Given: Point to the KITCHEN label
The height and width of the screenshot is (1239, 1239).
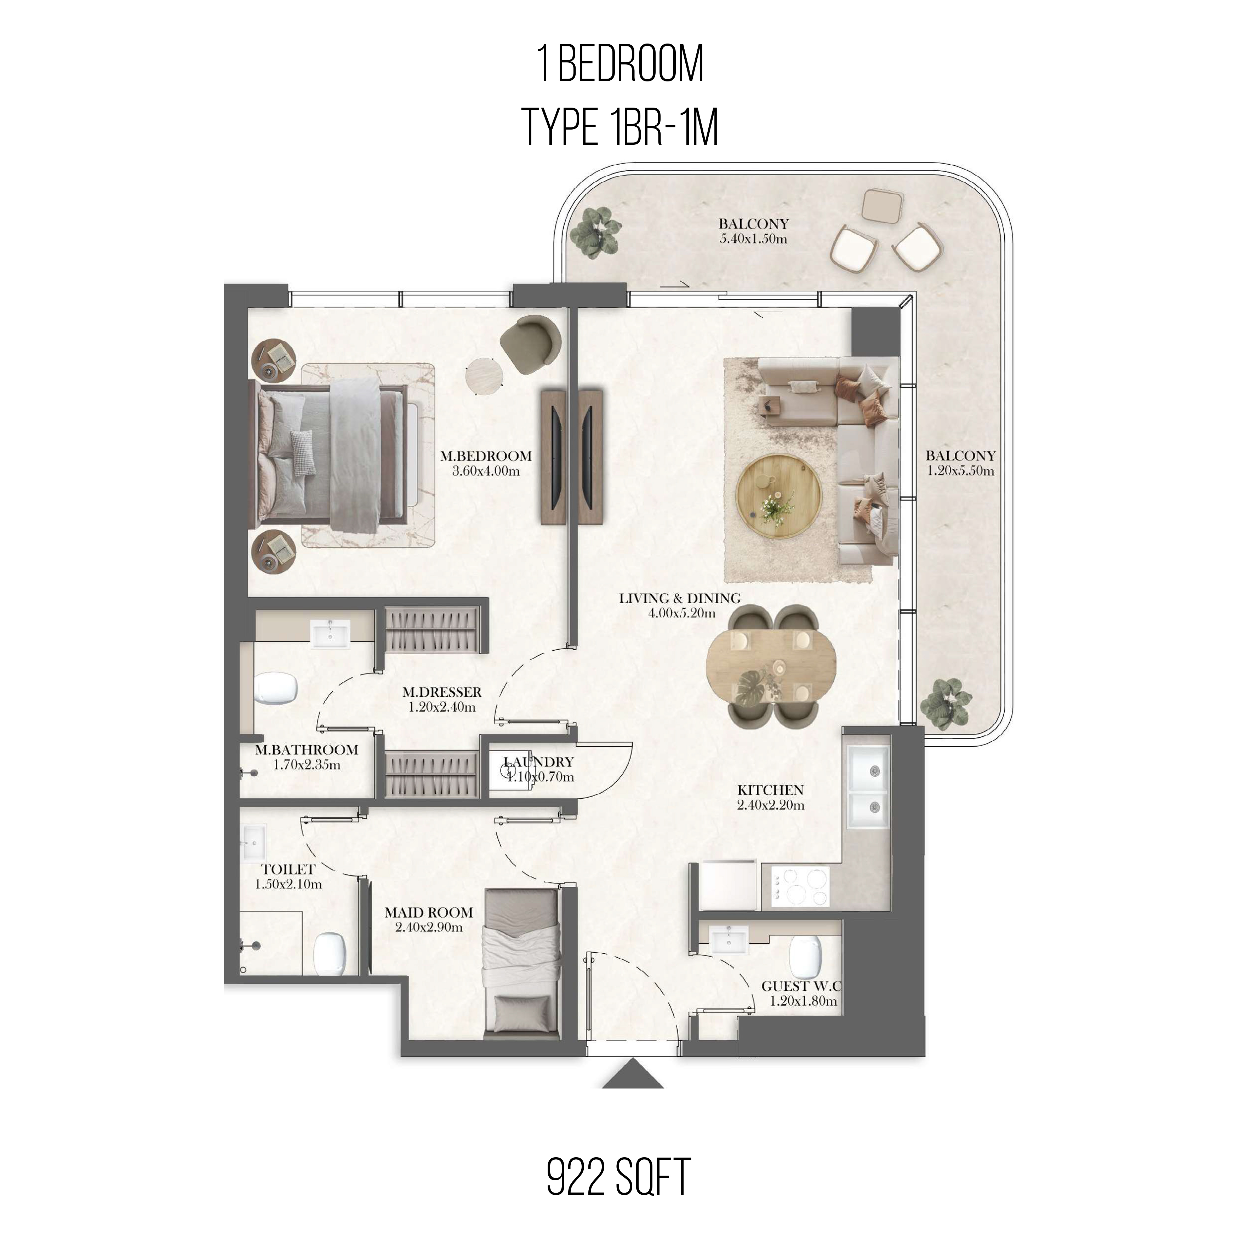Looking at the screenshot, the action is coord(771,790).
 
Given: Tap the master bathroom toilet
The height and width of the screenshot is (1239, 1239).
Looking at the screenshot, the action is coord(276,689).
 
